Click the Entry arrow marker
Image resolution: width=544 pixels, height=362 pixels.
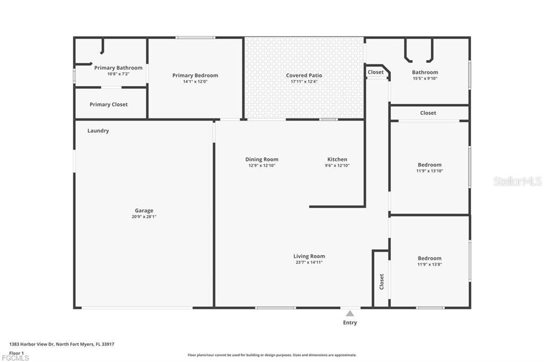350,314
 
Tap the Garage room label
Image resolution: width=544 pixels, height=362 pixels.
144,211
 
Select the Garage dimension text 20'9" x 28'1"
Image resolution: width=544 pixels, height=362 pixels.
144,217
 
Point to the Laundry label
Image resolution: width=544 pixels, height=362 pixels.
98,131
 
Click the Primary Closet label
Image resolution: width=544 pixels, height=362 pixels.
108,105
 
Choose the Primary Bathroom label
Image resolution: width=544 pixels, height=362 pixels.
118,68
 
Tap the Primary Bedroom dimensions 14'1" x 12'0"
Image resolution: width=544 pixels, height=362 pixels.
195,82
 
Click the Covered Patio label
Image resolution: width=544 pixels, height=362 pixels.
304,75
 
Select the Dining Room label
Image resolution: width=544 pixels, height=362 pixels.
262,159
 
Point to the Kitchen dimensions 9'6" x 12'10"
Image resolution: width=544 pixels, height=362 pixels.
337,166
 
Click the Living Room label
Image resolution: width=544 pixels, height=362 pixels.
309,256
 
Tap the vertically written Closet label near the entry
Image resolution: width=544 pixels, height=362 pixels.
381,281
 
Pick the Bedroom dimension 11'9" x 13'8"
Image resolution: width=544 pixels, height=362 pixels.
429,264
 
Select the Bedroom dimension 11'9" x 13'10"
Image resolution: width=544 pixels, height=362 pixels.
429,171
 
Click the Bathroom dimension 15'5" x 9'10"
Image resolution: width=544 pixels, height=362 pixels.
425,79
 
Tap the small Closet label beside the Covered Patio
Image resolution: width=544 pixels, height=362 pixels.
376,72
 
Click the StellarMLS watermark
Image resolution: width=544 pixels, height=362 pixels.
517,182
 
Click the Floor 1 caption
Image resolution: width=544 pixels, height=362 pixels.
16,352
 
